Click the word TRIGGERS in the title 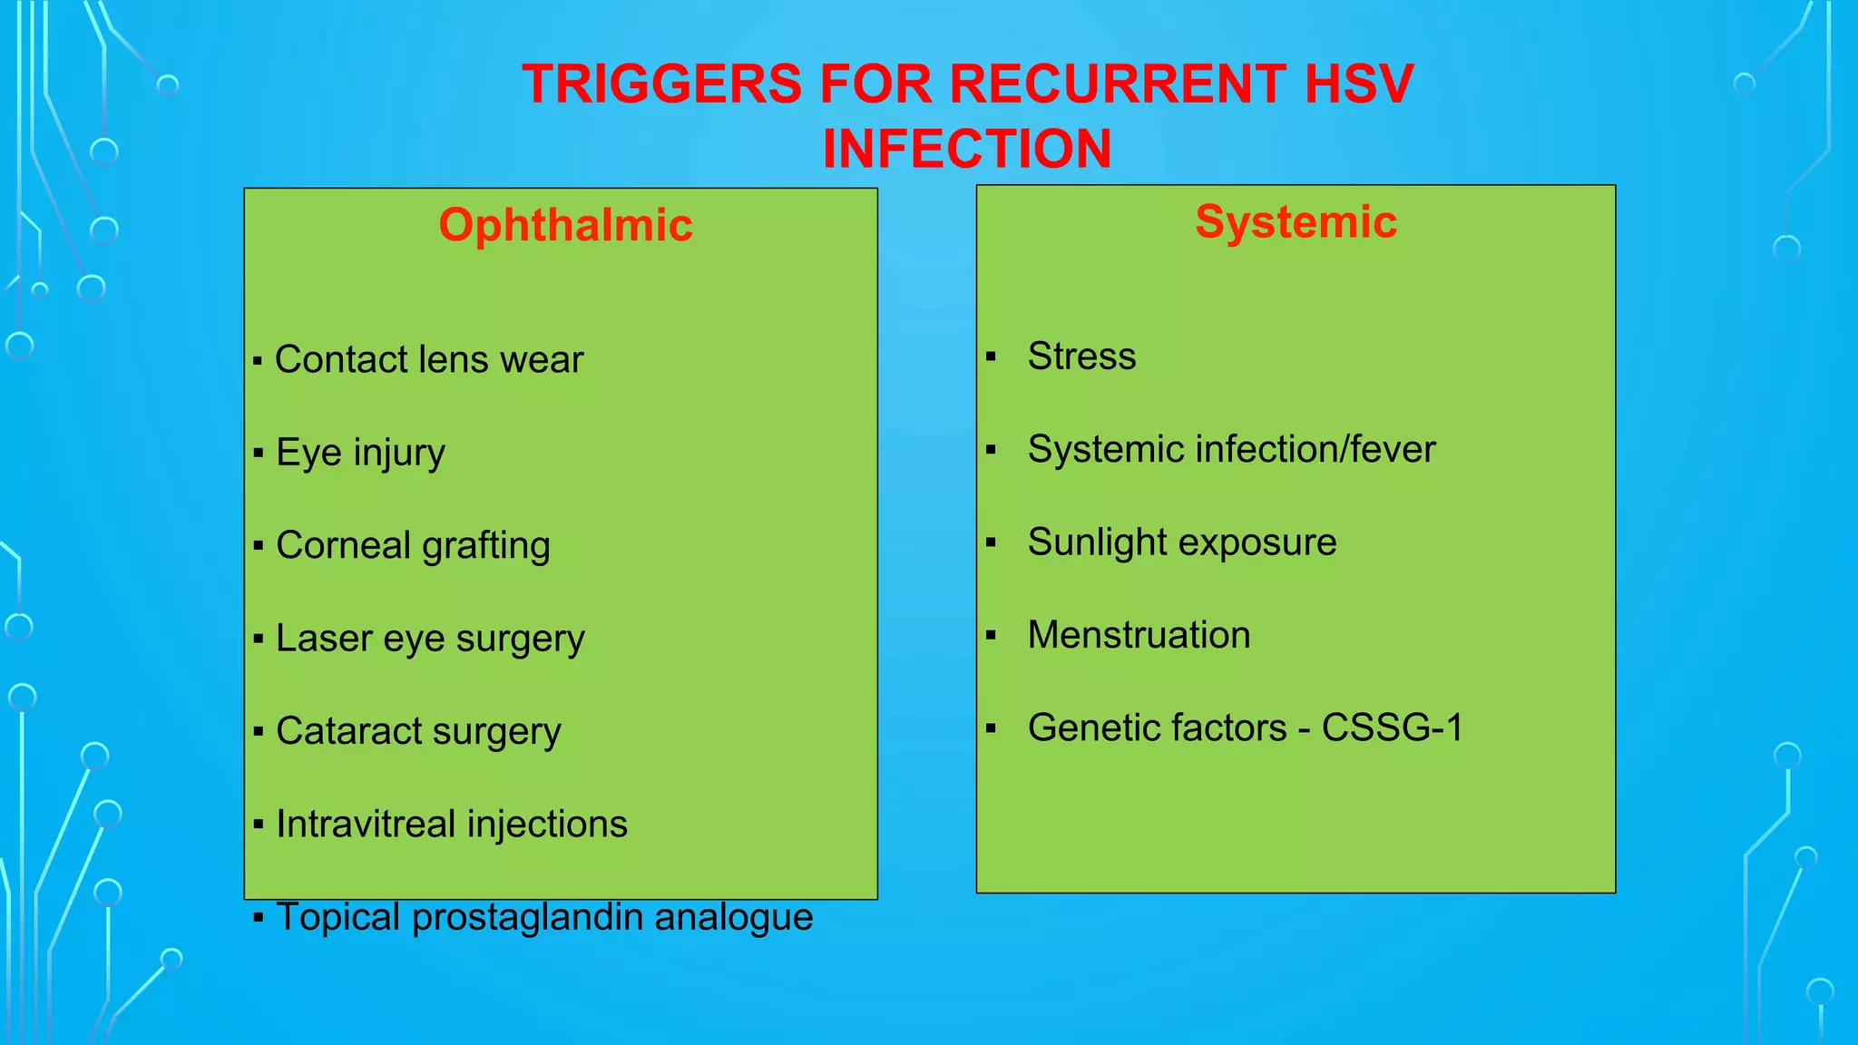point(661,84)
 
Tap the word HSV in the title point(1358,84)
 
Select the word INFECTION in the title point(967,149)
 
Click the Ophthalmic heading point(565,225)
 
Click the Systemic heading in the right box point(1296,221)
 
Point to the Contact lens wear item point(428,360)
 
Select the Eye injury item point(360,453)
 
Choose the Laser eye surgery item point(430,639)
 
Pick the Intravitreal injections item point(451,825)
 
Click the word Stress point(1081,356)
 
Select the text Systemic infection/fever point(1231,450)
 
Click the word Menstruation point(1139,635)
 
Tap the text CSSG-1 point(1392,728)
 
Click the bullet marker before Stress point(991,357)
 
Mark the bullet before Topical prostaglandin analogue point(259,918)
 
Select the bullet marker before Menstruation point(991,636)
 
